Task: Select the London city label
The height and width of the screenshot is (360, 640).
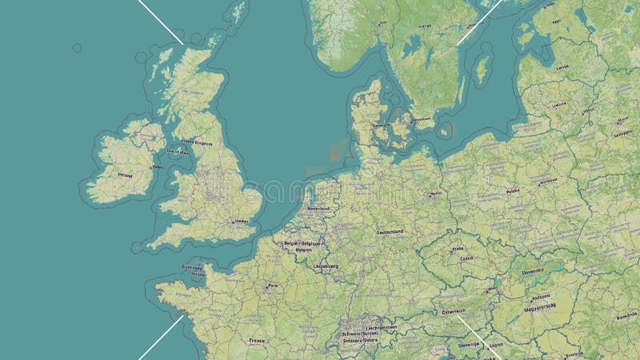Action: [x=239, y=221]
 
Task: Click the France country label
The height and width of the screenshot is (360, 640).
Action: [x=256, y=340]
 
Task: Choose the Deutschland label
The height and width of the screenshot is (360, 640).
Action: [x=390, y=232]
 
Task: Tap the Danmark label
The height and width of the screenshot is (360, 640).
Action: [x=381, y=125]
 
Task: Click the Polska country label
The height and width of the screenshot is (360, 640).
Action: [x=513, y=191]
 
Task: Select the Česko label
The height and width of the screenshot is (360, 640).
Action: [x=466, y=258]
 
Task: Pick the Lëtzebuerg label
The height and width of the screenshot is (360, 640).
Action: [x=326, y=266]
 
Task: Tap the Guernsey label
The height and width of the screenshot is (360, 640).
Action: [x=192, y=267]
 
